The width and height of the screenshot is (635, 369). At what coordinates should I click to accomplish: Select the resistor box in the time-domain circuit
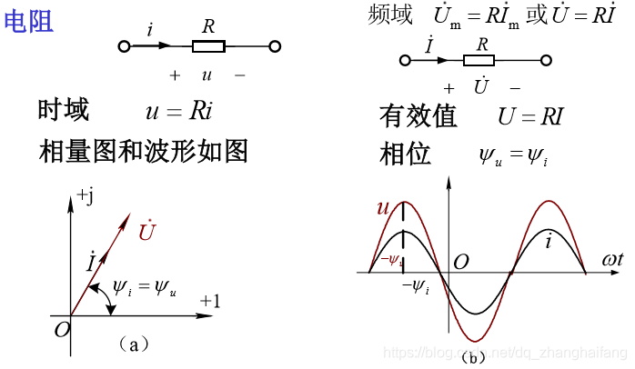[x=208, y=45]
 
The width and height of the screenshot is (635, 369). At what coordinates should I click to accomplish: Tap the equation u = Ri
[x=178, y=111]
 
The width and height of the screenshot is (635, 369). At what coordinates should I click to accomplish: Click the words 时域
[x=64, y=111]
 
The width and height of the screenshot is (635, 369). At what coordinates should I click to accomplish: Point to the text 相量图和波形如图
[x=144, y=150]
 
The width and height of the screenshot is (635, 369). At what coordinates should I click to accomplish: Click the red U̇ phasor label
[x=146, y=231]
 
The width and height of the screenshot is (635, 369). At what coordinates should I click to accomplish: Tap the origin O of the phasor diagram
[x=61, y=329]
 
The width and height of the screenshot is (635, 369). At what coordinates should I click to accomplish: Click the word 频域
[x=390, y=15]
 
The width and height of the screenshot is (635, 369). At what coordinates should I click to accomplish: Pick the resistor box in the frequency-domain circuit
[x=479, y=61]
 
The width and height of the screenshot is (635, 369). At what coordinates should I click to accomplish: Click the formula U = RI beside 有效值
[x=530, y=116]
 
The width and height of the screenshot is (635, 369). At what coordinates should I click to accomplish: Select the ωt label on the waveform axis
[x=612, y=260]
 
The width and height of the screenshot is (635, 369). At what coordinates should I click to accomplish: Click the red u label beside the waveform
[x=383, y=208]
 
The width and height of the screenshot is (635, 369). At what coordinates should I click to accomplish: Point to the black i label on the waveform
[x=549, y=242]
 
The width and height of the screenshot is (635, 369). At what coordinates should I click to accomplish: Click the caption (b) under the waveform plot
[x=473, y=357]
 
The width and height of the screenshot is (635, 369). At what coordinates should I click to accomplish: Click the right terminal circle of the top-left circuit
[x=275, y=45]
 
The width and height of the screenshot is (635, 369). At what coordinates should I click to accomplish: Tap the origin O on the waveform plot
[x=461, y=262]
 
